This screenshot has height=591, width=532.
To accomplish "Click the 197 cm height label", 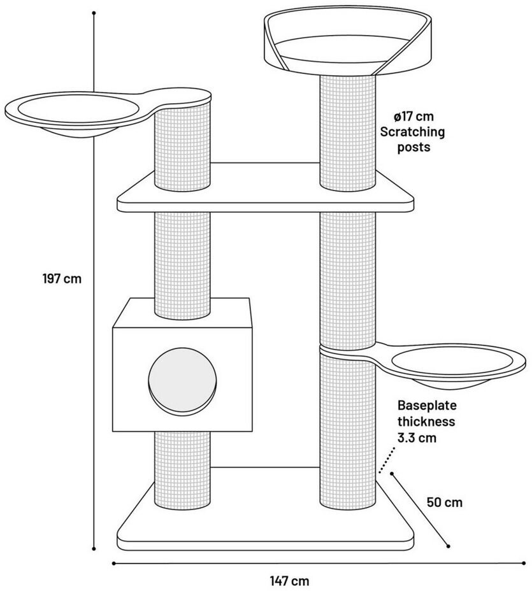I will pyautogui.click(x=62, y=279).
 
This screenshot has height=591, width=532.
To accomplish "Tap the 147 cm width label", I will pyautogui.click(x=289, y=581).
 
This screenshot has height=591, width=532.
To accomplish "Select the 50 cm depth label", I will pyautogui.click(x=445, y=502).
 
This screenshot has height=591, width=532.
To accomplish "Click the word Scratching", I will pyautogui.click(x=412, y=132).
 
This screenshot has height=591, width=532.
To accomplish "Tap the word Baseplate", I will pyautogui.click(x=427, y=405).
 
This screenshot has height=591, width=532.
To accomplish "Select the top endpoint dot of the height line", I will pyautogui.click(x=94, y=13).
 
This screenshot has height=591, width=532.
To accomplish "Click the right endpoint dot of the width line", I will pyautogui.click(x=523, y=563).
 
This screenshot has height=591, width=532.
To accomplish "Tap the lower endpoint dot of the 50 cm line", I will pyautogui.click(x=449, y=546).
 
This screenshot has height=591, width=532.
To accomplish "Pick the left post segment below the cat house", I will pyautogui.click(x=182, y=468).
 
